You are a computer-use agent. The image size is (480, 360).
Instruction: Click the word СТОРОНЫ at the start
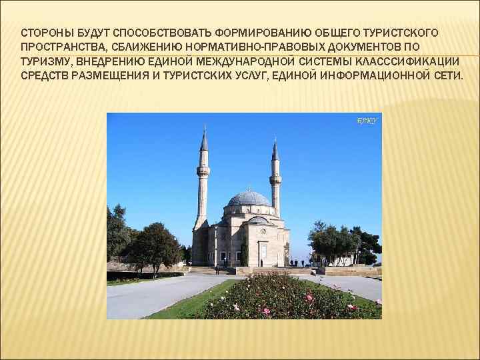pos(44,33)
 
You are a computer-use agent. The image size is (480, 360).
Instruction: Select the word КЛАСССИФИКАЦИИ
pos(402,61)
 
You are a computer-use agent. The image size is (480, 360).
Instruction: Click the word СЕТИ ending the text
pos(448,75)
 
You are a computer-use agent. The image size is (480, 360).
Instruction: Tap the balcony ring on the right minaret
pos(275,178)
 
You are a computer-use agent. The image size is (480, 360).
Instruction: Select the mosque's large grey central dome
pos(249,198)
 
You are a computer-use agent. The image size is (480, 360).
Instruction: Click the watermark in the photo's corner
pos(367,121)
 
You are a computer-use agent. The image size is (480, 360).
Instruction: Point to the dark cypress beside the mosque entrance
pos(244,253)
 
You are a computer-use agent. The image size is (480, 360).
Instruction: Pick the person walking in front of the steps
pos(217,269)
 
